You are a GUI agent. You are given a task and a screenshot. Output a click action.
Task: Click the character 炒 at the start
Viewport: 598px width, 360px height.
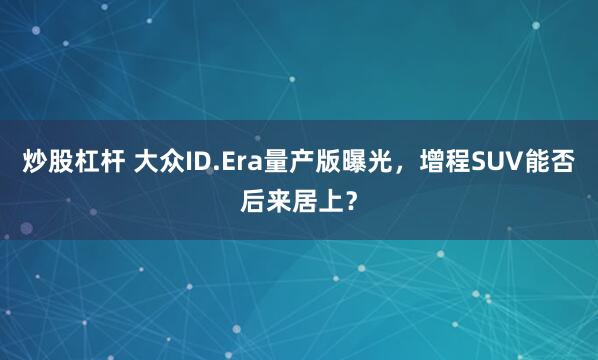click(x=35, y=161)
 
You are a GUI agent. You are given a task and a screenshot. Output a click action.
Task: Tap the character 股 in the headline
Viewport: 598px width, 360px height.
click(x=63, y=161)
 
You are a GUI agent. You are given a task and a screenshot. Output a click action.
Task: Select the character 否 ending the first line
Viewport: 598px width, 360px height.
click(x=562, y=161)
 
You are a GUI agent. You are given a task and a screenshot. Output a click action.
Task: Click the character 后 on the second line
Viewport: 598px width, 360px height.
click(x=253, y=201)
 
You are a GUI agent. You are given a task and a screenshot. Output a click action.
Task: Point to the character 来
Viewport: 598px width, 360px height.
click(x=281, y=201)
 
